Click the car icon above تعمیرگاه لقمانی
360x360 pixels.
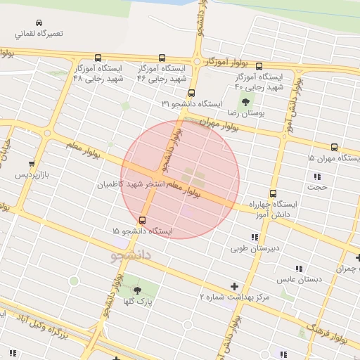[38, 22]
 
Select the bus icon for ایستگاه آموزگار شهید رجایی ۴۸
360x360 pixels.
[97, 58]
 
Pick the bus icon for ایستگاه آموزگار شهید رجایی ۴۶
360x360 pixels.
[162, 58]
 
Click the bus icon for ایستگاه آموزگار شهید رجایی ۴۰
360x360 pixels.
[259, 66]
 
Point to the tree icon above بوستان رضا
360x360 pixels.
[245, 101]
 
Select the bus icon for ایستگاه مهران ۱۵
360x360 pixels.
[334, 148]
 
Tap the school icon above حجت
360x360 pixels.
[318, 176]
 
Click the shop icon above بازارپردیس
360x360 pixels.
[31, 162]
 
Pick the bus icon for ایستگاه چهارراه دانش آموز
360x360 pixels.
[273, 193]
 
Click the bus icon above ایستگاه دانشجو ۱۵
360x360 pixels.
[143, 219]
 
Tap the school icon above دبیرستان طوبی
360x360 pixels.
[255, 238]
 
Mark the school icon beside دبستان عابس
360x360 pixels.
[300, 268]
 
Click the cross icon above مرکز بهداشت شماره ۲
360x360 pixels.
[234, 286]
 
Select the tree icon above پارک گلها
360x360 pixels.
[136, 290]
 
